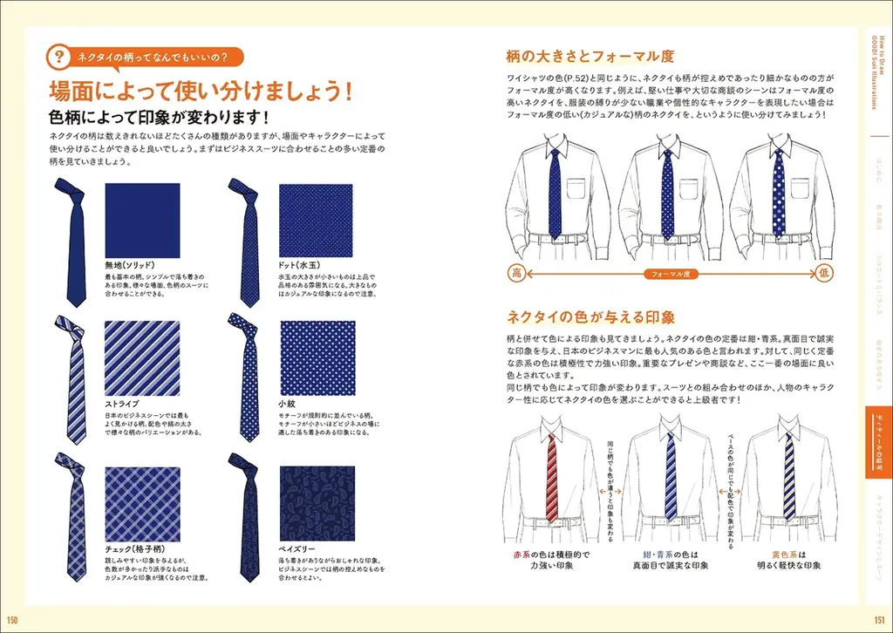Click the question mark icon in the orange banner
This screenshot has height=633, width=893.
point(58,58)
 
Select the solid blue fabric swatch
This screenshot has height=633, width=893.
point(141,220)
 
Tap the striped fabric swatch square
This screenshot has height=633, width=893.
point(141,357)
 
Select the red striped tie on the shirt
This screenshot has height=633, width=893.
point(551,475)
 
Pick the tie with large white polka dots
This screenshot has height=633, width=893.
point(778,194)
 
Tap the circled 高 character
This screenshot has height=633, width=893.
point(516,273)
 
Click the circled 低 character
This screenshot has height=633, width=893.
point(825,273)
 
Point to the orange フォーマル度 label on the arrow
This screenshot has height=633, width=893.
point(671,274)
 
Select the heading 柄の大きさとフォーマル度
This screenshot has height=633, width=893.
point(590,57)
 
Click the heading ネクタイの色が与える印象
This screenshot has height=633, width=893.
point(590,316)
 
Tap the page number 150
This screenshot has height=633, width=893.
point(13,620)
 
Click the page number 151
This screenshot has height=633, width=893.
point(879,620)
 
